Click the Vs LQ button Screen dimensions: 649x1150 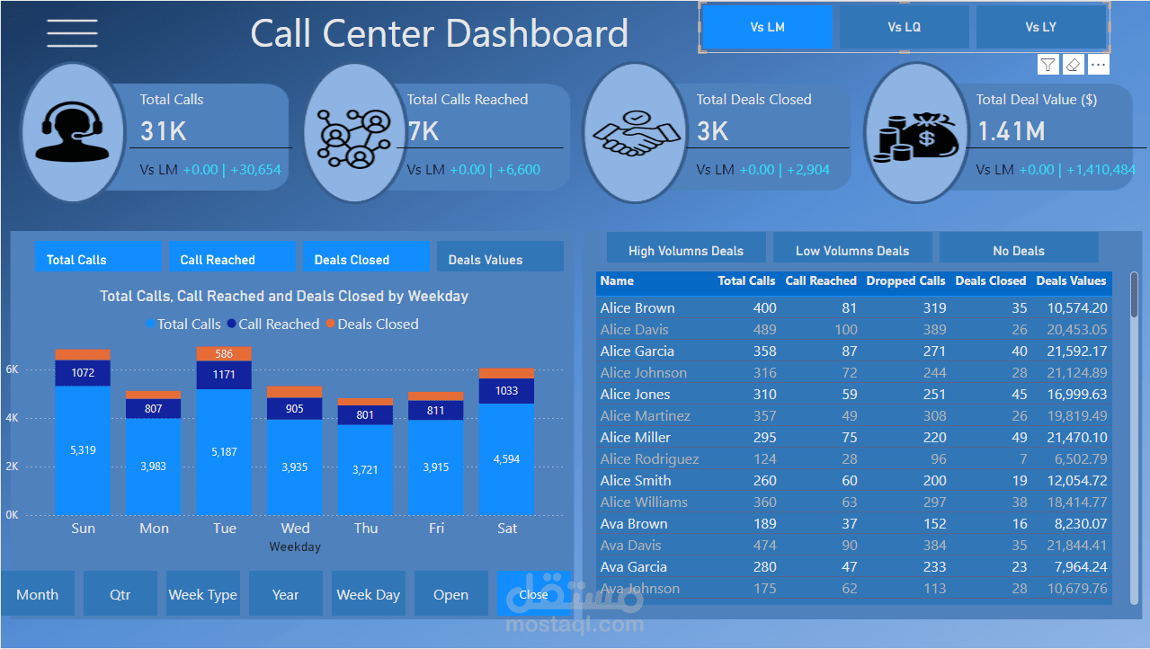pyautogui.click(x=904, y=27)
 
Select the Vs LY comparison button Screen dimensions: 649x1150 pyautogui.click(x=1040, y=27)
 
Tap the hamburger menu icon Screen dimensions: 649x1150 pyautogui.click(x=73, y=32)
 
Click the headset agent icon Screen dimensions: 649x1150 pyautogui.click(x=72, y=132)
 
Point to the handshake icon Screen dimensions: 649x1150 pyautogui.click(x=635, y=133)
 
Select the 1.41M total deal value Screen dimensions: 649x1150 pyautogui.click(x=1011, y=132)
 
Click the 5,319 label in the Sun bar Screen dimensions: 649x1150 pyautogui.click(x=83, y=449)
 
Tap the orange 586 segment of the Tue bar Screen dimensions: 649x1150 pyautogui.click(x=224, y=354)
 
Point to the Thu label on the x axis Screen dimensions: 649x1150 pyautogui.click(x=366, y=528)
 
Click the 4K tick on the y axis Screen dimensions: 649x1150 pyautogui.click(x=13, y=418)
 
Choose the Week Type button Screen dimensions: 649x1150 pyautogui.click(x=202, y=594)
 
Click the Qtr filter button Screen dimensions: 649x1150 pyautogui.click(x=120, y=594)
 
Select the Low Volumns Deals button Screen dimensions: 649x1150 pyautogui.click(x=852, y=250)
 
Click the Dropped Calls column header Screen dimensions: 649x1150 pyautogui.click(x=905, y=281)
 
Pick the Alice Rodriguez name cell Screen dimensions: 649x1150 pyautogui.click(x=649, y=458)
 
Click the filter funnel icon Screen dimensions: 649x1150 pyautogui.click(x=1047, y=64)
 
